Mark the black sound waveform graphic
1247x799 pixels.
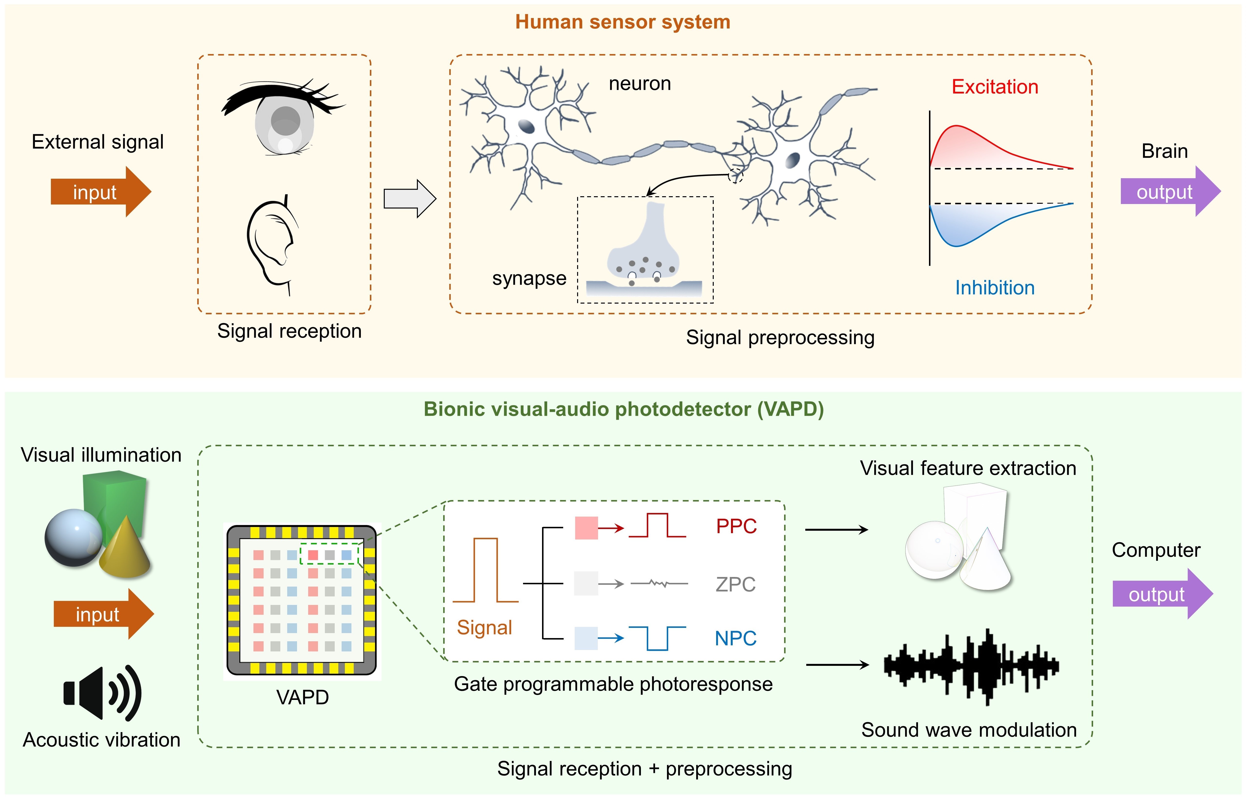point(970,667)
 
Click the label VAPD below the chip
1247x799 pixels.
point(302,697)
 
